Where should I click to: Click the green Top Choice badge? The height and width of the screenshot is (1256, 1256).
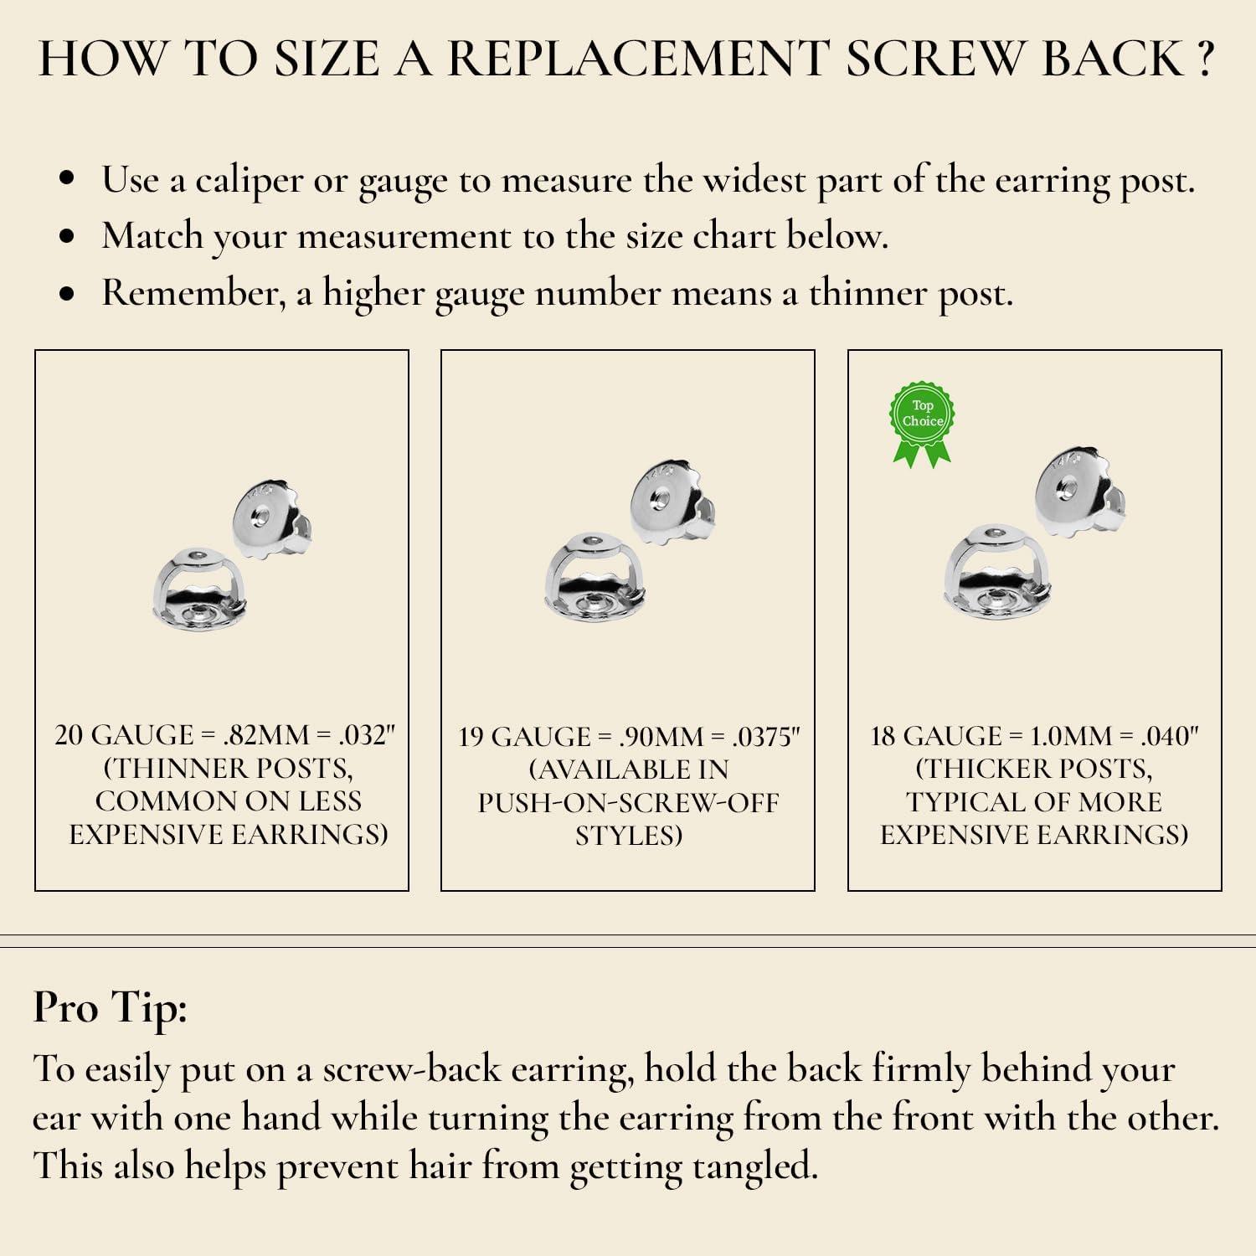pyautogui.click(x=922, y=423)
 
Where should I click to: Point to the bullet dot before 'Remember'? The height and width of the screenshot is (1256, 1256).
pyautogui.click(x=68, y=295)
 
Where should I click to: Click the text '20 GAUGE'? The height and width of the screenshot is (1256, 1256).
pyautogui.click(x=124, y=735)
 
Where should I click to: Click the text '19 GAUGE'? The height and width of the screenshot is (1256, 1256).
pyautogui.click(x=524, y=737)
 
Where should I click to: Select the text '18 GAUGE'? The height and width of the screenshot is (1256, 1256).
pyautogui.click(x=935, y=736)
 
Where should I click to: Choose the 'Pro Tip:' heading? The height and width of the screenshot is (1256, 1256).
pyautogui.click(x=110, y=1008)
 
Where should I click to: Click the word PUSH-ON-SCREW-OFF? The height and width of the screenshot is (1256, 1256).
pyautogui.click(x=628, y=803)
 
